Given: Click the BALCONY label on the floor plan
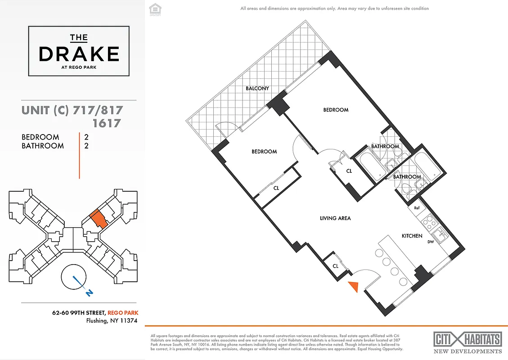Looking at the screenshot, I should point(257,89).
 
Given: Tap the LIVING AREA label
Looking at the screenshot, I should point(335,218).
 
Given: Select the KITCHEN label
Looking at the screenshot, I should point(412,236).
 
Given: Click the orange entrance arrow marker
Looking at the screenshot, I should point(354,286).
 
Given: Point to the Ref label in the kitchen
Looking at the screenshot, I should point(417,208).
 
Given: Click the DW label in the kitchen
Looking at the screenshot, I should point(431,242).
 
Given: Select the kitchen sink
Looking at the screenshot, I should point(439,234).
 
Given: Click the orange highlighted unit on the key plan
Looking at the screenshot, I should point(98,219).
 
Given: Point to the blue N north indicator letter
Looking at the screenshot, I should point(90,293).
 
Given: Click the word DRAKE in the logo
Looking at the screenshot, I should point(79,54).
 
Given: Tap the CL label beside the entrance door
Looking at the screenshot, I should point(336,266).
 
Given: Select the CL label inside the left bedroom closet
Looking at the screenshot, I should point(276,188).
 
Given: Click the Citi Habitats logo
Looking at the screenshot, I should point(468,339).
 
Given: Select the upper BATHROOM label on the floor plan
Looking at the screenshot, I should point(385,146).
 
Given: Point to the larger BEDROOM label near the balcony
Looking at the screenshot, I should point(336,110).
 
